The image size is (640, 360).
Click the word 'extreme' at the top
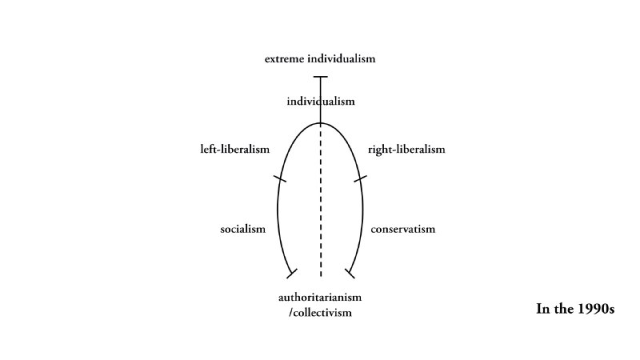285,59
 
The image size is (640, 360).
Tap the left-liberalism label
235,150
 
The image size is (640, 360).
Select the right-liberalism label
406,150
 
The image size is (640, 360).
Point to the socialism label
243,229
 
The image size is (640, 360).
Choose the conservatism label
403,229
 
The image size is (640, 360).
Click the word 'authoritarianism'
320,297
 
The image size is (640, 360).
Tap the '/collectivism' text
321,313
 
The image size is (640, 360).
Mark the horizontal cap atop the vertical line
321,77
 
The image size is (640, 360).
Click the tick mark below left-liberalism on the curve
279,178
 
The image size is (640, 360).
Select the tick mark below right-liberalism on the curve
361,178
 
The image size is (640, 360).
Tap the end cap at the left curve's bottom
292,274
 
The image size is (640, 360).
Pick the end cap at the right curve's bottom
350,274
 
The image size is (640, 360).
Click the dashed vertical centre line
321,200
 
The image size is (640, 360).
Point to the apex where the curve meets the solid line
321,123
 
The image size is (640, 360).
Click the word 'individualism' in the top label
342,58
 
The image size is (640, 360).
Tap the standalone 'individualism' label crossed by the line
321,102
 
